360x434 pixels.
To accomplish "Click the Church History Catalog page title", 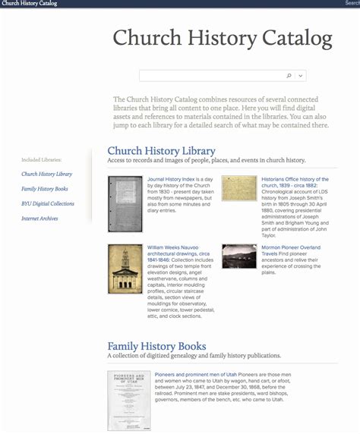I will click(x=223, y=38).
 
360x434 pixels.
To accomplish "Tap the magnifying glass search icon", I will click(x=289, y=76).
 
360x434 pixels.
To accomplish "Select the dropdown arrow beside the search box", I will click(x=302, y=76).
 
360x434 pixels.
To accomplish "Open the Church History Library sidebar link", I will click(x=47, y=175).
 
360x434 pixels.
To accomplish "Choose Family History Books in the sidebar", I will click(x=45, y=189).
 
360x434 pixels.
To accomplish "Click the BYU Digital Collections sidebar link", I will click(x=48, y=204).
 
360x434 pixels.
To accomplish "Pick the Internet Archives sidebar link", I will click(x=39, y=219).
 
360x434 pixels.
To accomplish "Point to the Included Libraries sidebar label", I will click(x=42, y=160).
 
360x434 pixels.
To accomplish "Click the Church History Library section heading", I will click(x=161, y=151).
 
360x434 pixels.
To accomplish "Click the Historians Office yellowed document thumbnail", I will click(x=238, y=188).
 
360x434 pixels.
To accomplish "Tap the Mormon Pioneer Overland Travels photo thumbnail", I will click(x=238, y=256).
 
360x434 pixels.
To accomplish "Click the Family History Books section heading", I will click(x=156, y=346).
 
